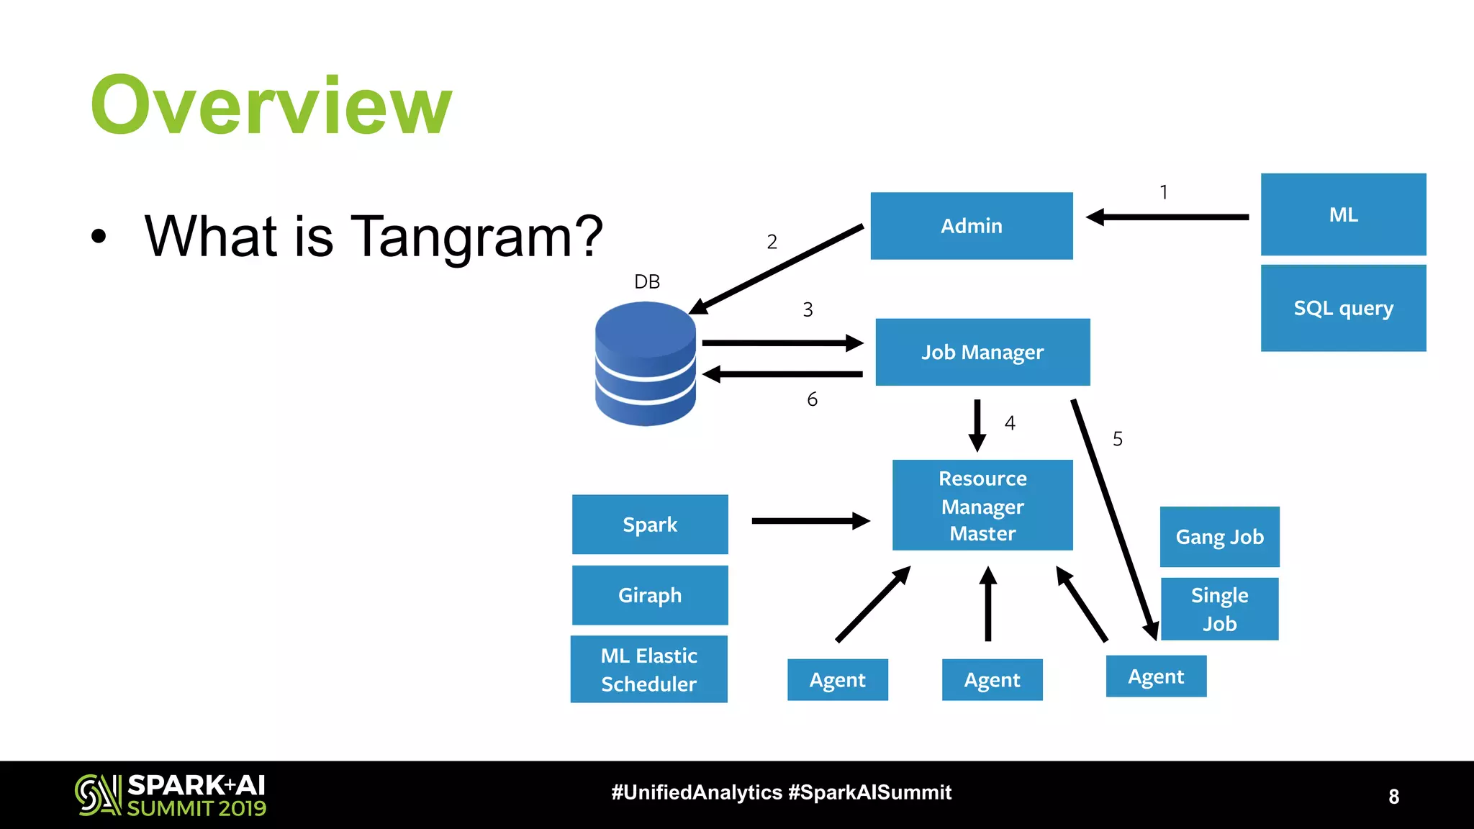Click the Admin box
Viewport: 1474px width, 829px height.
[x=971, y=225]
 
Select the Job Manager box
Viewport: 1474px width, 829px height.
[x=982, y=352]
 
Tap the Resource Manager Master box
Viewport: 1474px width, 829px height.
[x=982, y=505]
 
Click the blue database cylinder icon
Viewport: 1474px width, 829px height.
[x=646, y=363]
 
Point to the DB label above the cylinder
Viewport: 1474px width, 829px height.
[x=647, y=281]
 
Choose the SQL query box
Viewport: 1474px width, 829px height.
[x=1343, y=308]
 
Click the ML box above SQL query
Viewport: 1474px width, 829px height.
[x=1343, y=214]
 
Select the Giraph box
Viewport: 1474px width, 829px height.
[x=650, y=595]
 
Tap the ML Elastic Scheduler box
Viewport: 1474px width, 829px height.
[x=649, y=669]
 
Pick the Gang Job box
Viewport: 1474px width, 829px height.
[x=1219, y=537]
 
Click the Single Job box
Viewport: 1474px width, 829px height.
[x=1219, y=609]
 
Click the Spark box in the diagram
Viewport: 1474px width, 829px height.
[x=650, y=525]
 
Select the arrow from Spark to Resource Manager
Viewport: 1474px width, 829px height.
[x=810, y=520]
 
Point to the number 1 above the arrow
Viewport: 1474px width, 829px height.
[x=1164, y=192]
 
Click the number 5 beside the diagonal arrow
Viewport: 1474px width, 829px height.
[x=1118, y=439]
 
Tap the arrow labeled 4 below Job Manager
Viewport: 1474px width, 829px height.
[x=977, y=425]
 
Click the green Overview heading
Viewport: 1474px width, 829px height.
[x=271, y=105]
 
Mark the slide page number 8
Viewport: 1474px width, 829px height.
[x=1393, y=797]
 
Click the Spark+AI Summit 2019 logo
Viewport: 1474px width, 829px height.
[x=171, y=795]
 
